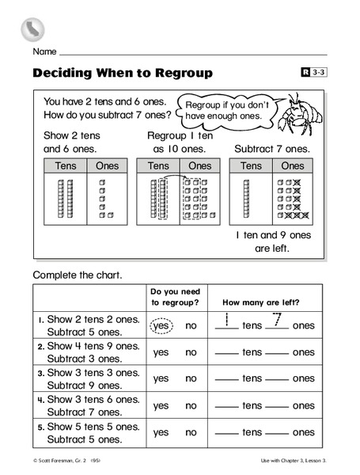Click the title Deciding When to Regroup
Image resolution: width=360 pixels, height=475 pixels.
click(x=123, y=73)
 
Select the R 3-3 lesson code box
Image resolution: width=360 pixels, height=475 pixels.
click(x=313, y=73)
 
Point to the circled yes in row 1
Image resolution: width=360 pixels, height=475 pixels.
click(x=161, y=325)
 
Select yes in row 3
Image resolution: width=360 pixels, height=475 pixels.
click(x=161, y=378)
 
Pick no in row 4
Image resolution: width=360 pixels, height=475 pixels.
click(x=191, y=405)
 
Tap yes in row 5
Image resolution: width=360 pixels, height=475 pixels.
click(x=161, y=433)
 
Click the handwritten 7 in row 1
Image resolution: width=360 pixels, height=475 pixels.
click(x=277, y=321)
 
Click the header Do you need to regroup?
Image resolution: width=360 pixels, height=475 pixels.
click(x=174, y=296)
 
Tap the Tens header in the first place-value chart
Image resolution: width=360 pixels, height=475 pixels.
click(x=66, y=165)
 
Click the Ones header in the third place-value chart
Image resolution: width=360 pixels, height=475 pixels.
click(x=292, y=165)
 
